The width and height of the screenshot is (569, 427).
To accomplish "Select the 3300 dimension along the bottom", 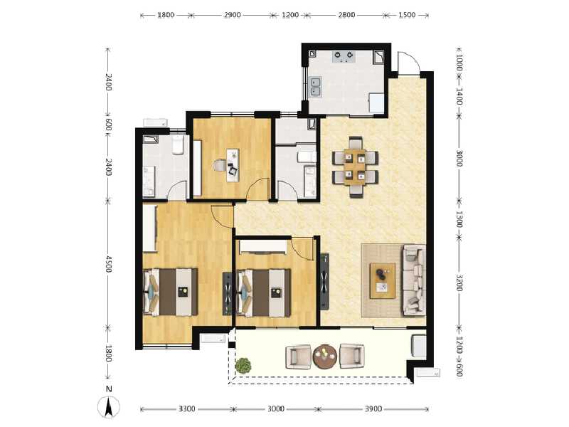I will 186,409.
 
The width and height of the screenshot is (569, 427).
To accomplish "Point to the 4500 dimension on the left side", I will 108,263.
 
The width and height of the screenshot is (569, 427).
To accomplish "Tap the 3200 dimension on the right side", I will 459,283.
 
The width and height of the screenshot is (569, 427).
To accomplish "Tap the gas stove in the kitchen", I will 345,56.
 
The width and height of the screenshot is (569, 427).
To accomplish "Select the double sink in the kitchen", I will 317,88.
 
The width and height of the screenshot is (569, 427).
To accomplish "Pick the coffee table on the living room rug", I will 383,279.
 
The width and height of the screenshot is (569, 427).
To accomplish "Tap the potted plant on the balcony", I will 244,366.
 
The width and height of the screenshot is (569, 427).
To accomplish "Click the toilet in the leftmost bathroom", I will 178,146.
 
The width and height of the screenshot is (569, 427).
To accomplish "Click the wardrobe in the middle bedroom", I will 263,246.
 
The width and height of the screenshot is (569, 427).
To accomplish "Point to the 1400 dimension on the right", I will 459,96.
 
